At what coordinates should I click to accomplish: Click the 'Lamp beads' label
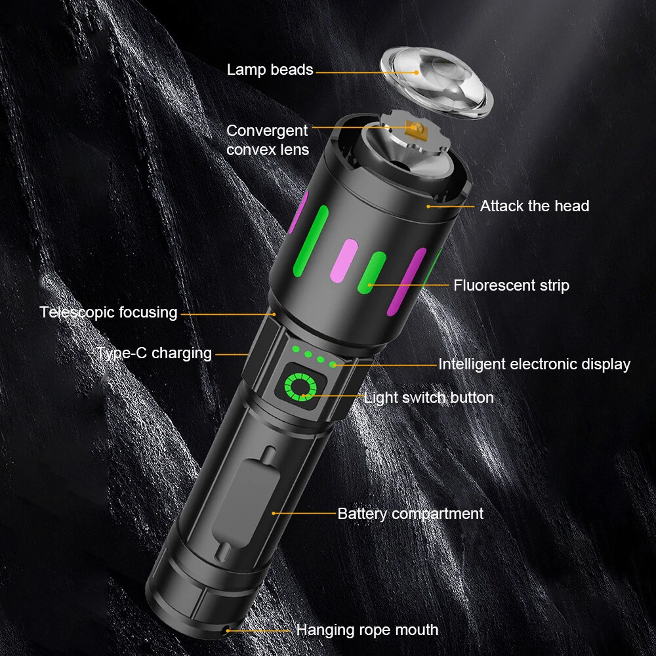[270, 70]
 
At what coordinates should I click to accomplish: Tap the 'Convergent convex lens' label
[268, 140]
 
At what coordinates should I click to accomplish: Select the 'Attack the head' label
[535, 206]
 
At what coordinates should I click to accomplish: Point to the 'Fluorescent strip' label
[511, 285]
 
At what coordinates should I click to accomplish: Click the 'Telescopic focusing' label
[108, 312]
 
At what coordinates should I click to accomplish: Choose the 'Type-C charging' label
[154, 354]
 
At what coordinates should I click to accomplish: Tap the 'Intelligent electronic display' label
[534, 364]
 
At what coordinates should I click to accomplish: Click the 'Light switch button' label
[429, 398]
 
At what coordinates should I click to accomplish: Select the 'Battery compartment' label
[411, 514]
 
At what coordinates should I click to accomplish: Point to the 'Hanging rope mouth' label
[367, 630]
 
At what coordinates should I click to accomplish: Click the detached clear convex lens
[436, 82]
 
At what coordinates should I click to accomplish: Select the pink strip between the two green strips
[344, 260]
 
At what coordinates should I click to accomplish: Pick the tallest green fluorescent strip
[310, 241]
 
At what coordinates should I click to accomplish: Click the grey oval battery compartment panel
[246, 503]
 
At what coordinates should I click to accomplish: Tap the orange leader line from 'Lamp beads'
[367, 72]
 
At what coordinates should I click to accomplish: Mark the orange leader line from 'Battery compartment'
[304, 514]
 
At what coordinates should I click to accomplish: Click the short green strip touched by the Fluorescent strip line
[371, 272]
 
